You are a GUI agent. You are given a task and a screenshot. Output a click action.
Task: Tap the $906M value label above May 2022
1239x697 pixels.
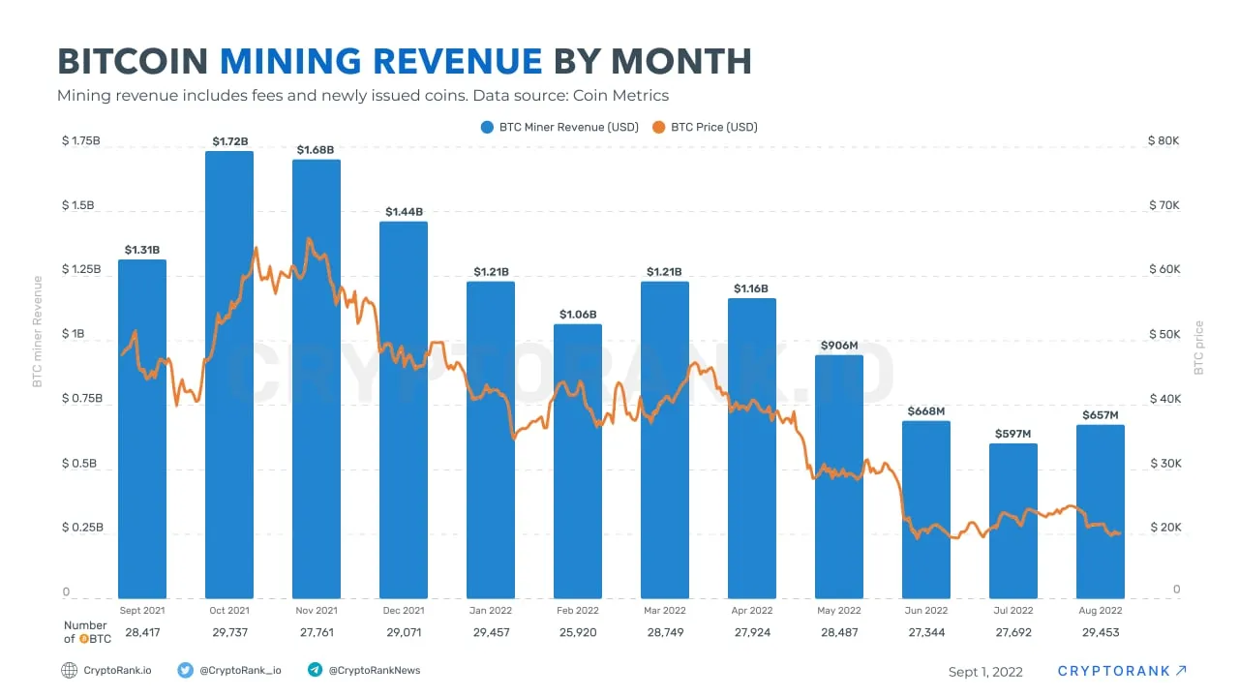[x=838, y=346]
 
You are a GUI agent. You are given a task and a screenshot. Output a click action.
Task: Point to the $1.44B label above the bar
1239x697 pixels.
[x=404, y=212]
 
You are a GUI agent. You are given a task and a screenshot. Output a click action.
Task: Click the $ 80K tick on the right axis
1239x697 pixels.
[x=1163, y=141]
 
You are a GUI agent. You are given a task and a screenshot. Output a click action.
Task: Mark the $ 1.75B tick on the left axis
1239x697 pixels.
[x=80, y=141]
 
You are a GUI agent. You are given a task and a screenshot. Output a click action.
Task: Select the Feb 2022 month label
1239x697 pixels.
[x=578, y=611]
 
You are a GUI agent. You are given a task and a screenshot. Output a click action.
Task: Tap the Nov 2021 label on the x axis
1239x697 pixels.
[x=317, y=611]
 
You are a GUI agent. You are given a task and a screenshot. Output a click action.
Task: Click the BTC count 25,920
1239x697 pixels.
[x=578, y=632]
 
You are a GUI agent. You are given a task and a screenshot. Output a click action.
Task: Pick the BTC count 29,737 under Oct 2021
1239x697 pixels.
[x=229, y=632]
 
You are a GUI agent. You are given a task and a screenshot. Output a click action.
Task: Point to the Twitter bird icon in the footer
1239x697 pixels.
[x=185, y=670]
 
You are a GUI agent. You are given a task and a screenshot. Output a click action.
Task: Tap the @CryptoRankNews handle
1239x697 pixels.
[x=375, y=670]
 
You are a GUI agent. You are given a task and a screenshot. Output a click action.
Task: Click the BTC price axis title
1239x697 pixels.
[x=1198, y=348]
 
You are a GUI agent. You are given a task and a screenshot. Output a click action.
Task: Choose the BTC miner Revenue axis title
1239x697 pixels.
[x=38, y=331]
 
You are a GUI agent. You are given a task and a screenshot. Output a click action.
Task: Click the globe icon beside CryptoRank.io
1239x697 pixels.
[x=69, y=670]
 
